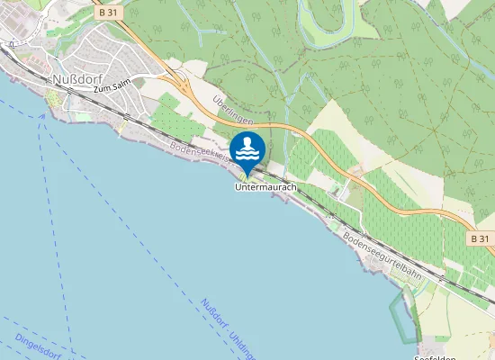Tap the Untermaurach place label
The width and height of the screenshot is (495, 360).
(x=265, y=187)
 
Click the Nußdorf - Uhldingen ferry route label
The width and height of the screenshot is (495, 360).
(x=229, y=329)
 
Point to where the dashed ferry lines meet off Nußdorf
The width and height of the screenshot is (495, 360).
(x=42, y=118)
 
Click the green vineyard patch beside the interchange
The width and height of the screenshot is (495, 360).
(x=167, y=121)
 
